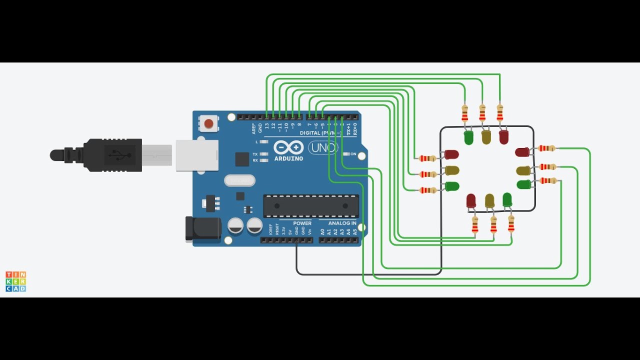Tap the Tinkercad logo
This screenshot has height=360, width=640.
point(15,281)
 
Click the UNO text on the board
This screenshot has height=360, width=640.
point(322,147)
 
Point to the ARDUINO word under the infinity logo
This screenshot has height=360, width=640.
point(288,158)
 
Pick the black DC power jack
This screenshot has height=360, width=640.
point(202,228)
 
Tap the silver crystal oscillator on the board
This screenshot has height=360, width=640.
point(239,180)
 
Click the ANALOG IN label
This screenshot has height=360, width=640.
point(342,223)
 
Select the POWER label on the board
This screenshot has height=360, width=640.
point(302,223)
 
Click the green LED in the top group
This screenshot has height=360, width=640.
point(468,138)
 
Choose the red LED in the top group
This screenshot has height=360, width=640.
point(503,137)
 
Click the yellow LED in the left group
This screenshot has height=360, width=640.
point(451,170)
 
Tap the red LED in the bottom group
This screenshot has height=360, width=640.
point(471,201)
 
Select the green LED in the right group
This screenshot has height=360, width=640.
point(524,184)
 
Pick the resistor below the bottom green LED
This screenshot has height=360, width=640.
point(511,223)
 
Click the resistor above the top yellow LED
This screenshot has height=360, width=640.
point(482,113)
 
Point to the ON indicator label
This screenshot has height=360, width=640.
point(353,154)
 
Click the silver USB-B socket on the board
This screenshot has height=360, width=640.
point(197,155)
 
